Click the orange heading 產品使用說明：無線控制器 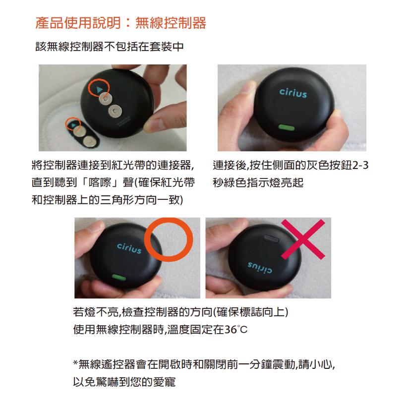click(121, 23)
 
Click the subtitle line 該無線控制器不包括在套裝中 click(110, 47)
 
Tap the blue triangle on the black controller click(100, 90)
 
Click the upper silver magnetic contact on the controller click(106, 99)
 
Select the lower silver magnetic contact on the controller click(115, 111)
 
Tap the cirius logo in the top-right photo click(293, 93)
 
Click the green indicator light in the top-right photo click(287, 127)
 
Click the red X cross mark click(303, 239)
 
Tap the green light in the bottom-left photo click(119, 277)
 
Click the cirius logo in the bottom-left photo click(129, 248)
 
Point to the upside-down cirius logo click(260, 267)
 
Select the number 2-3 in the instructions click(360, 166)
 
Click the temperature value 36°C click(236, 330)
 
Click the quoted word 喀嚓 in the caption click(100, 182)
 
